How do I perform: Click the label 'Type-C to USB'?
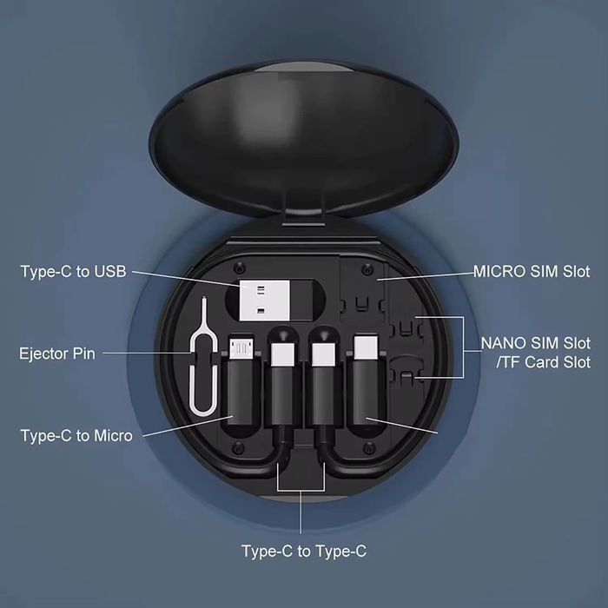[73, 272]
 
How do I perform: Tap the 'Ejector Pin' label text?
[57, 354]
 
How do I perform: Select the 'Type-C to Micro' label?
[76, 434]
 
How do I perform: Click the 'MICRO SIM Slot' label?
[532, 272]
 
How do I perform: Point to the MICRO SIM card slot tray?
[365, 287]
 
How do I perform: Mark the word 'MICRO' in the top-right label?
[499, 272]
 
